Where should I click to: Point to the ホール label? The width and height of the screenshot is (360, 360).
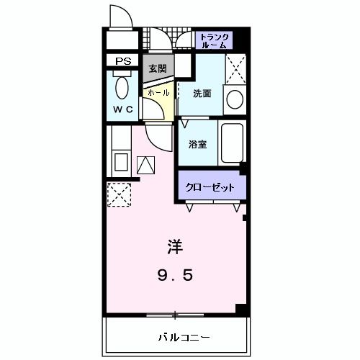click(x=158, y=93)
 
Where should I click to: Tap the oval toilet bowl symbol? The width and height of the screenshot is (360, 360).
click(x=122, y=89)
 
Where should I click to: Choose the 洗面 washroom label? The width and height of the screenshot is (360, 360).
click(x=202, y=93)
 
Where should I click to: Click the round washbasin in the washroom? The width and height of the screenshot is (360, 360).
click(x=233, y=99)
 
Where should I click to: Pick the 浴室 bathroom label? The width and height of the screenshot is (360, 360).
click(x=198, y=144)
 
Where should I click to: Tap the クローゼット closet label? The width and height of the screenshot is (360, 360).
click(x=210, y=187)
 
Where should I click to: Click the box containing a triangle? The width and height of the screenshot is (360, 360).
click(x=146, y=166)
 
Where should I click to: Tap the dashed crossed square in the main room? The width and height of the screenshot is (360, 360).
click(x=118, y=193)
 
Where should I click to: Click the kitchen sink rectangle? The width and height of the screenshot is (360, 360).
click(x=120, y=162)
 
